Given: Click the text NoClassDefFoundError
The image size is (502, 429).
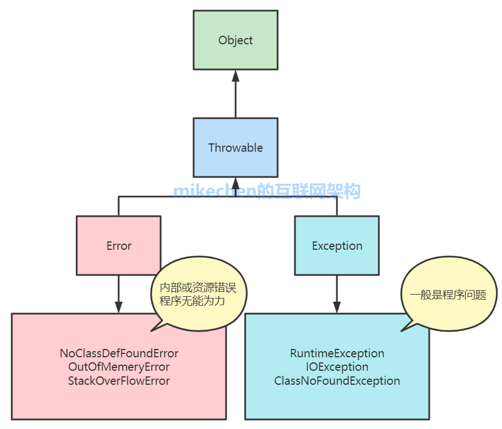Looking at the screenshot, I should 119,353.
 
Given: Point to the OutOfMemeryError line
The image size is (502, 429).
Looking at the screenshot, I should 119,367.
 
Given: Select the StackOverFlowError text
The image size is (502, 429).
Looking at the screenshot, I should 119,381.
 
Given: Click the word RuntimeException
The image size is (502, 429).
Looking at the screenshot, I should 337,353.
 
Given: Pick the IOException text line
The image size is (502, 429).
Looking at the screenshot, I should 337,367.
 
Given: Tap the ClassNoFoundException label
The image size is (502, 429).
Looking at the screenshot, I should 337,381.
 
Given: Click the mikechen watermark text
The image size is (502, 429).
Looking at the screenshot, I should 267,192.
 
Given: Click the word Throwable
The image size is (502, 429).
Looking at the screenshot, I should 236,148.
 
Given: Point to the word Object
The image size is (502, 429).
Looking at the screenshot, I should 236,40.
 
